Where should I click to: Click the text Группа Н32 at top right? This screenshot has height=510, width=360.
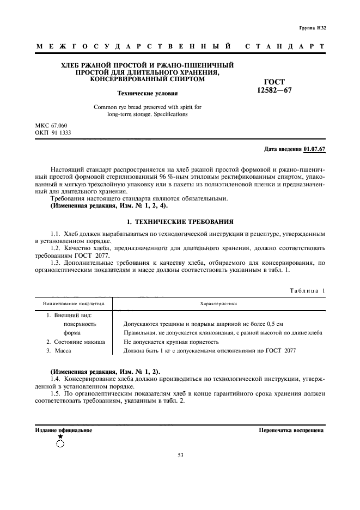point(313,27)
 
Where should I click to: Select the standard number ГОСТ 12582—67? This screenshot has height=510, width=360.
point(274,86)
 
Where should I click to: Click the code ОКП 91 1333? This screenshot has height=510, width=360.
point(53,132)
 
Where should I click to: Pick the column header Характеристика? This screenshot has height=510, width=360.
point(218,303)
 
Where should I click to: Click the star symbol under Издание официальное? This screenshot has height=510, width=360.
point(60,436)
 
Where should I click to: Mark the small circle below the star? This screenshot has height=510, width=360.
point(60,444)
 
